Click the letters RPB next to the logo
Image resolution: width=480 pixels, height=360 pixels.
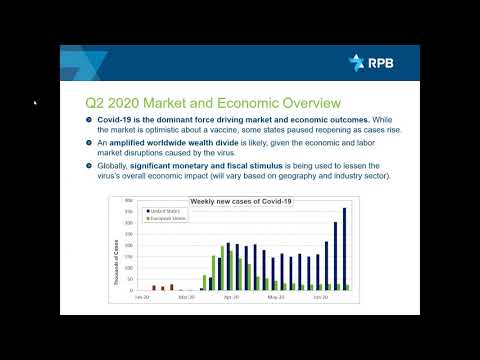(382, 63)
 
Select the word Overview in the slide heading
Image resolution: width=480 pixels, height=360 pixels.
(309, 102)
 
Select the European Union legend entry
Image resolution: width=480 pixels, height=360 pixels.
(168, 219)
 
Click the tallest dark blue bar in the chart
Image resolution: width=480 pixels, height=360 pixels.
(345, 249)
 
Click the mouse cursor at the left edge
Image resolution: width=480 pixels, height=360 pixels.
(35, 101)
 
